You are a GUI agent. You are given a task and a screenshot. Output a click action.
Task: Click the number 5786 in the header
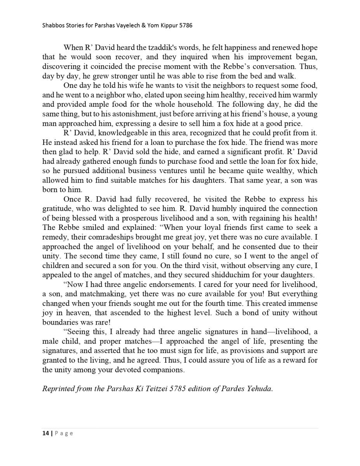click(x=186, y=26)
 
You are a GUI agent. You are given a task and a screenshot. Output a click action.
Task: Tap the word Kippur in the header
click(x=166, y=26)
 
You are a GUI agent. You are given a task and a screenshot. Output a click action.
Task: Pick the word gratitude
click(x=57, y=209)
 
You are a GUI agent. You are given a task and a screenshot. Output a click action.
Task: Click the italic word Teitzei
click(x=153, y=389)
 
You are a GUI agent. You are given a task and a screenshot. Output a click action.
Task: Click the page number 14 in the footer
click(x=45, y=433)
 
